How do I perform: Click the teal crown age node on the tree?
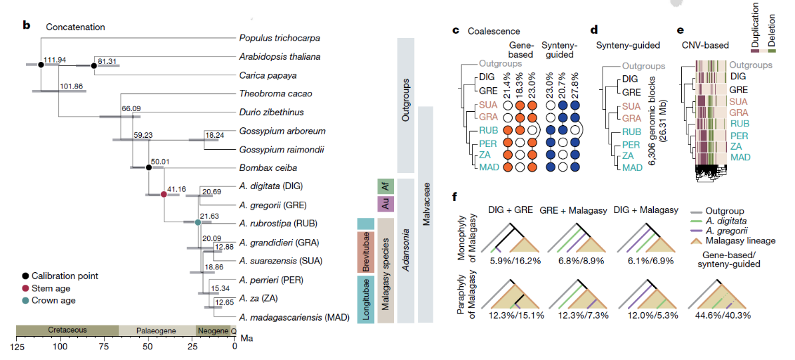(x=198, y=222)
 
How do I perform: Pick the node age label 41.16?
(x=177, y=189)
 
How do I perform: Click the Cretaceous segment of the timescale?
(x=67, y=331)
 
